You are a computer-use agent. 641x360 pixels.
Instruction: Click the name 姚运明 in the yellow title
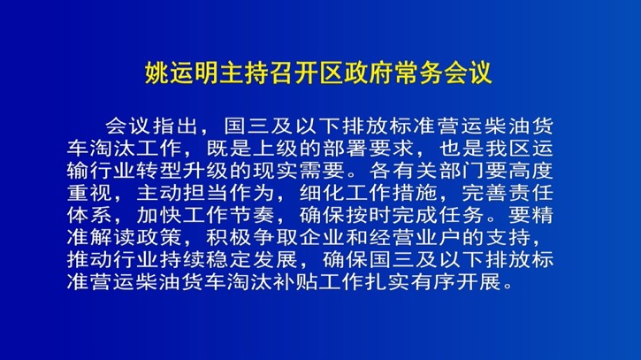pos(182,73)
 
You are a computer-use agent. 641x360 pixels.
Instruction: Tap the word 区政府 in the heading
pos(356,73)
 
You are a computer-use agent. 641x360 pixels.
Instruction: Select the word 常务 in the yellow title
pos(418,73)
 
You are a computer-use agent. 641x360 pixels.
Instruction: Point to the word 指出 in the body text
pos(175,126)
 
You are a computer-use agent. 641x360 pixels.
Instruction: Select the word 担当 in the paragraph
pos(206,192)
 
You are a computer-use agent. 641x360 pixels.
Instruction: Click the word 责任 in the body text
pos(531,192)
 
